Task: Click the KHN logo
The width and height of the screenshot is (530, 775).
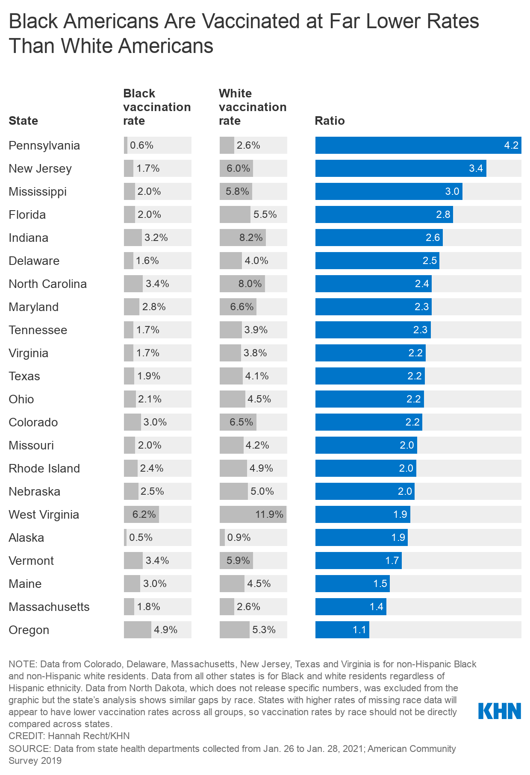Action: (x=500, y=711)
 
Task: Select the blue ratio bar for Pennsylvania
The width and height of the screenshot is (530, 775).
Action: (x=418, y=145)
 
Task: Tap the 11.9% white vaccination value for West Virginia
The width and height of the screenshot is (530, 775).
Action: (x=269, y=514)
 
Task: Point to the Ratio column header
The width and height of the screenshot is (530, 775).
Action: (x=330, y=121)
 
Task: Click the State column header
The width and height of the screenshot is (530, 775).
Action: (x=24, y=121)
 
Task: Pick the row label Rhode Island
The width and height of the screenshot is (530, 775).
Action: (x=44, y=468)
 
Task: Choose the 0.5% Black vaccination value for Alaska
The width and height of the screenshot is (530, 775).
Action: (x=141, y=537)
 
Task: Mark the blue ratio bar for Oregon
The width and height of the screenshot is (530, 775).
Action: (x=342, y=630)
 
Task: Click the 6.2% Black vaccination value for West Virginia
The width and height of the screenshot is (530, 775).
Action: (x=144, y=514)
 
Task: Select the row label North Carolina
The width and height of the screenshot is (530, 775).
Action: (x=47, y=284)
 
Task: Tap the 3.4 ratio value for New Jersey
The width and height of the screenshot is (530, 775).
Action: (x=476, y=168)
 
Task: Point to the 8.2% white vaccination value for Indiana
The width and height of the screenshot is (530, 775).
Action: (x=251, y=238)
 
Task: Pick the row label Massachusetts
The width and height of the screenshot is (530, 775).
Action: (x=49, y=607)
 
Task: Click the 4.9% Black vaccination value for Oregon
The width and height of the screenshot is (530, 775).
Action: (x=165, y=630)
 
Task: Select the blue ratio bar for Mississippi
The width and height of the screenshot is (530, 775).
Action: (x=389, y=191)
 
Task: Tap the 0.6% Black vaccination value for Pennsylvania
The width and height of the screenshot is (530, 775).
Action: (x=141, y=145)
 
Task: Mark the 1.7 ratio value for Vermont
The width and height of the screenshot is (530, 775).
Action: (x=392, y=561)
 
